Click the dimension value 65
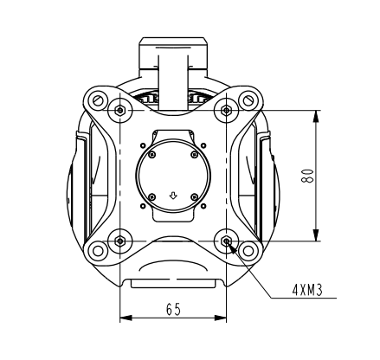173,309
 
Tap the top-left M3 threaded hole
119,111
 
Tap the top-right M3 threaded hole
227,111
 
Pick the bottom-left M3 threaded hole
119,241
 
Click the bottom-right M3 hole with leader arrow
227,241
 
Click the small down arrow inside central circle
173,196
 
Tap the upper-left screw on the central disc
152,156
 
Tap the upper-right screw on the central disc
194,156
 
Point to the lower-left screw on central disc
152,197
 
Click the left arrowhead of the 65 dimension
124,318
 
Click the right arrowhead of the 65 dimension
222,318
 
